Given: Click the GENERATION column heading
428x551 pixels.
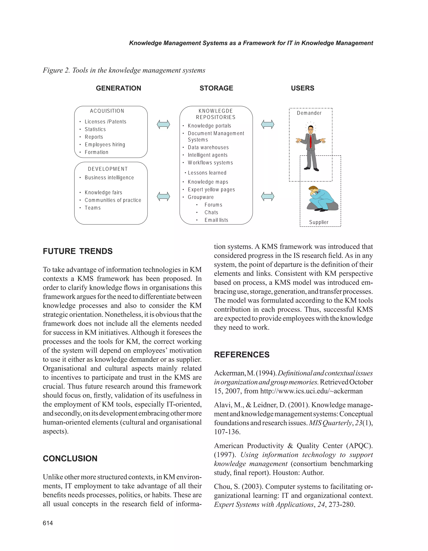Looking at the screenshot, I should (118, 88).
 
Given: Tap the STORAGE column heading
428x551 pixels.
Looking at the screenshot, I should (216, 88).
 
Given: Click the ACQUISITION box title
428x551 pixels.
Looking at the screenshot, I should (107, 111).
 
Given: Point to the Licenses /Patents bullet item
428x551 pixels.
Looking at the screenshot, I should (105, 122).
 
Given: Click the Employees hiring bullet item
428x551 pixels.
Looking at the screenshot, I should (105, 145).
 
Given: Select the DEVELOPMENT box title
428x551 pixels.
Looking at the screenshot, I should (108, 169).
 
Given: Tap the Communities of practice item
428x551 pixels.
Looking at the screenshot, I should (113, 200).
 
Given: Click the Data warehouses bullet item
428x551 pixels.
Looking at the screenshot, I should (208, 147).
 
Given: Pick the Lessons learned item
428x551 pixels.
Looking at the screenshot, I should (207, 173).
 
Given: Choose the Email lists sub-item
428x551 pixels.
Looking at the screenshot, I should (216, 220).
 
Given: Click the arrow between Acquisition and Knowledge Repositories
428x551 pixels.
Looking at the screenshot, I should (163, 124).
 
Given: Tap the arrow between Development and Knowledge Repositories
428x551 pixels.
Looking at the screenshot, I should (163, 196).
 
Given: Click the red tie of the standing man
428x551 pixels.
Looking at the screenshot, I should (311, 141).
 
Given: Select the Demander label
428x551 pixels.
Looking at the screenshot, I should (309, 113).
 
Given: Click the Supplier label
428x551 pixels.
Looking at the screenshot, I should (319, 222).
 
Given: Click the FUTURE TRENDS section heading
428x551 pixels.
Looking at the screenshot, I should (78, 251).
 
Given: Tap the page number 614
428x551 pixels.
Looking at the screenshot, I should (48, 523).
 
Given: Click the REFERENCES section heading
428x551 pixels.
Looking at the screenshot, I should (242, 355).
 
